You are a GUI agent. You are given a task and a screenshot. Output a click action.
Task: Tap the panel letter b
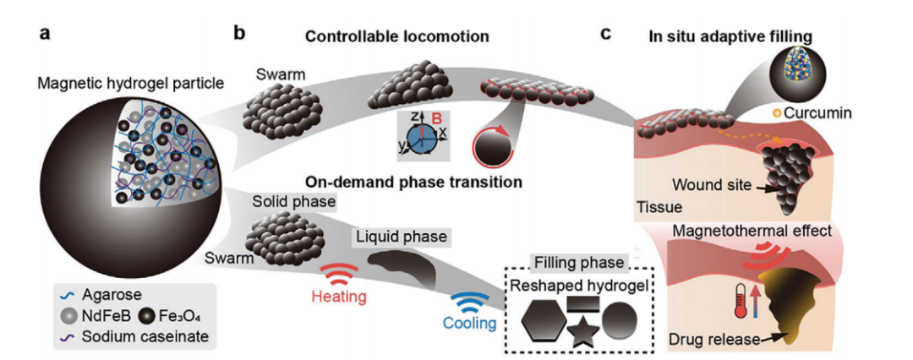coord(239,35)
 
